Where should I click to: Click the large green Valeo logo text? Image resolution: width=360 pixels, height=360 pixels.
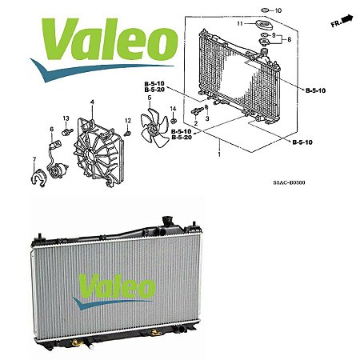(x=110, y=38)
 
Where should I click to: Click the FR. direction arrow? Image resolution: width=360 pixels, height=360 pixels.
(x=348, y=19)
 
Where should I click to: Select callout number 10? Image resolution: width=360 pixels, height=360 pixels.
(x=278, y=10)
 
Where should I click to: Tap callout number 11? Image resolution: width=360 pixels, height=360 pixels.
(x=240, y=23)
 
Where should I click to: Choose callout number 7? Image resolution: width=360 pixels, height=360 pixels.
(x=34, y=159)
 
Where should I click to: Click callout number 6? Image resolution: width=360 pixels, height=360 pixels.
(x=52, y=129)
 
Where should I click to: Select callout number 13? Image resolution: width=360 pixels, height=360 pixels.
(x=66, y=118)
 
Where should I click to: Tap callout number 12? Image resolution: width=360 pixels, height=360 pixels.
(x=128, y=121)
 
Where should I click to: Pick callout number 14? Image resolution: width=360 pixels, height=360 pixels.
(x=173, y=109)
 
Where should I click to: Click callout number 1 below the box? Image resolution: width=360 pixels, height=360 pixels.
(x=219, y=154)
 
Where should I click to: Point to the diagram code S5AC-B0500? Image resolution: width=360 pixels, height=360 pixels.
(x=289, y=182)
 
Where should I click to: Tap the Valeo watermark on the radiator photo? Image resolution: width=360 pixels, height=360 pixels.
(x=114, y=291)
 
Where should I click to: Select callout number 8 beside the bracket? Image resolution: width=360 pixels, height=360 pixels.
(x=289, y=39)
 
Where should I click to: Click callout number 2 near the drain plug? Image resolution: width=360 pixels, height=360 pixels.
(x=196, y=123)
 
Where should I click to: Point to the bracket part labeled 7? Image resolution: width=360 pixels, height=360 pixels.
(x=39, y=178)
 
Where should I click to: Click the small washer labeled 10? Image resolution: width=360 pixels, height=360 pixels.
(x=265, y=10)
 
